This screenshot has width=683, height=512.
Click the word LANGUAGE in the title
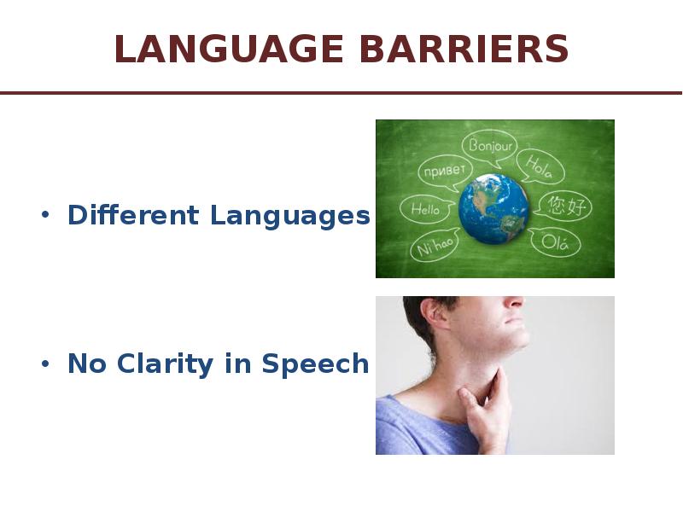[229, 49]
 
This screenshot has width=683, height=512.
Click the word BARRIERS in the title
[464, 49]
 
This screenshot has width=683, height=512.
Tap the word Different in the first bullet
[134, 215]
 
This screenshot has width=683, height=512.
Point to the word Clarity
[165, 364]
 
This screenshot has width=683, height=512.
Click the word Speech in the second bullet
[315, 364]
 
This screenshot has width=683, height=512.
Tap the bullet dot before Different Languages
[45, 215]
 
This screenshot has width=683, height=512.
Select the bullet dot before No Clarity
[45, 364]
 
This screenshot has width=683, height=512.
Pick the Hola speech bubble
[540, 166]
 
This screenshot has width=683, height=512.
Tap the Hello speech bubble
[426, 209]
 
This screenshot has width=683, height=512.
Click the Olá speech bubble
[555, 242]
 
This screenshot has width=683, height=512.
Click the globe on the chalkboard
[493, 209]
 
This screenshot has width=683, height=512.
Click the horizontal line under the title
[341, 93]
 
